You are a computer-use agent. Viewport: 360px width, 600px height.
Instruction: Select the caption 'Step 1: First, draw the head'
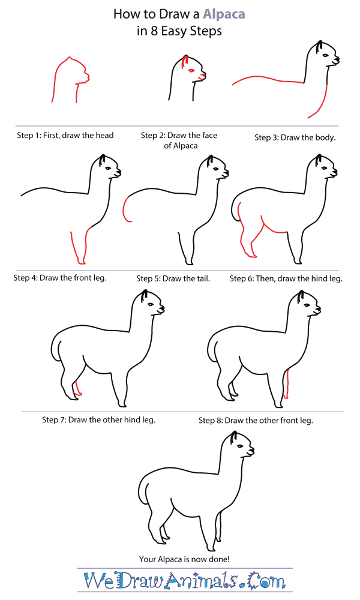point(65,136)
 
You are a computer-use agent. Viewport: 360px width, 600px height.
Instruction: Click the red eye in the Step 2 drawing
point(191,71)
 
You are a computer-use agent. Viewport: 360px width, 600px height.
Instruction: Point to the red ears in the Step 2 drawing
point(183,61)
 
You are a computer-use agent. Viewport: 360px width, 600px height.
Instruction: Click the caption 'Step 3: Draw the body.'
point(295,137)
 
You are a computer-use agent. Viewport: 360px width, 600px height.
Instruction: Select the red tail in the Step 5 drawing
point(125,209)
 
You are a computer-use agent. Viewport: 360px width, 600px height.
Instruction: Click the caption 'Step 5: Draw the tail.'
point(173,278)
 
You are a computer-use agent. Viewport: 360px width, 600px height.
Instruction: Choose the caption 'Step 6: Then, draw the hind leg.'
point(286,278)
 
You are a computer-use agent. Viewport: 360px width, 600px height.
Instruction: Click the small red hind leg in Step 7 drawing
point(76,388)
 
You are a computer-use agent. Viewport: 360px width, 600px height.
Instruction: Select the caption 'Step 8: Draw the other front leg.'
point(256,421)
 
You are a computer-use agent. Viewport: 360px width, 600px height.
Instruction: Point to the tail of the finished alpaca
point(142,490)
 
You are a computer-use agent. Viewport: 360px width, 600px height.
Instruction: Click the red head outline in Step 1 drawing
point(60,72)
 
